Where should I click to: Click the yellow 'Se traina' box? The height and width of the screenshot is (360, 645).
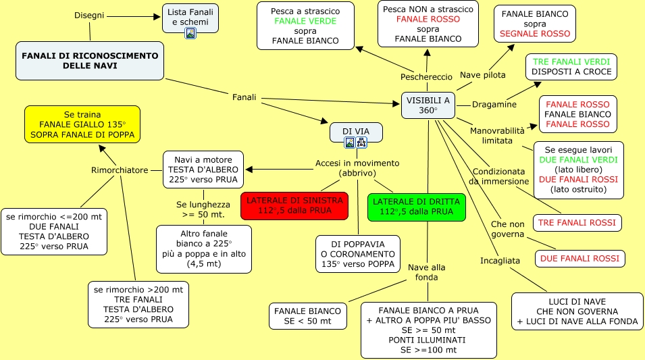pos(82,125)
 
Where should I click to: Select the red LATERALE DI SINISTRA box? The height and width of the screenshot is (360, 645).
pos(294,206)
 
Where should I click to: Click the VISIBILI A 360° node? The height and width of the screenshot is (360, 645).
pos(428,105)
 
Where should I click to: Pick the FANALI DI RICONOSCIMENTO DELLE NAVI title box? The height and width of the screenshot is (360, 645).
pos(90,60)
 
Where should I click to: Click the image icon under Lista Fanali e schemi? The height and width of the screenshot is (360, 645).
pos(190,33)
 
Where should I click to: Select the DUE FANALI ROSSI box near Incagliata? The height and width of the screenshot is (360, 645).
pos(579,258)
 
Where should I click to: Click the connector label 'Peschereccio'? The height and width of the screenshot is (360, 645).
pos(426,77)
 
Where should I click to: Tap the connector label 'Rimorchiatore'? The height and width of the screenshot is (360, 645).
pos(120,170)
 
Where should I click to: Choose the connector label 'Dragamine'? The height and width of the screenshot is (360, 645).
pos(494,105)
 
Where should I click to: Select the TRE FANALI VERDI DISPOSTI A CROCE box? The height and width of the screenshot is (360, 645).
pos(571,66)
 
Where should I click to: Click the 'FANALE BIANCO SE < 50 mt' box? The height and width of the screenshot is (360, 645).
pos(308,315)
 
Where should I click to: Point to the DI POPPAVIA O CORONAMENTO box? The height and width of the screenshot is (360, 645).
pos(358,253)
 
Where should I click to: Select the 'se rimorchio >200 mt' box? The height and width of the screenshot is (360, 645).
pos(138,305)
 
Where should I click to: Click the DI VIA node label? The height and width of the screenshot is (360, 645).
pos(356,130)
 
